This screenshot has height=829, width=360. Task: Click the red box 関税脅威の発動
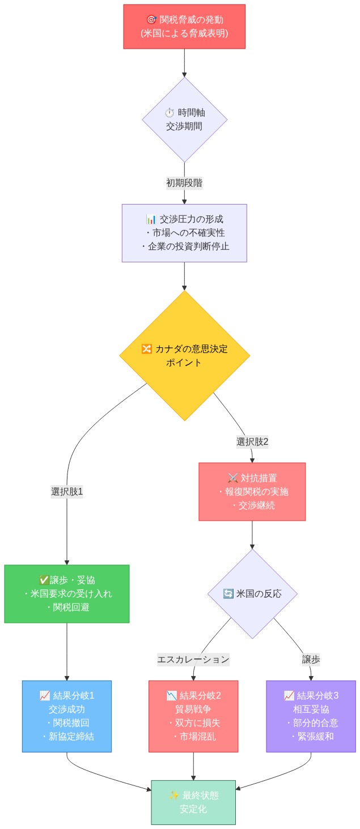click(x=184, y=27)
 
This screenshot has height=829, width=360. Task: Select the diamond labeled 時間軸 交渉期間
click(x=184, y=120)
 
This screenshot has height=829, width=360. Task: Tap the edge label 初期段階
click(x=184, y=182)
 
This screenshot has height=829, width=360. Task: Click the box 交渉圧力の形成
click(x=184, y=233)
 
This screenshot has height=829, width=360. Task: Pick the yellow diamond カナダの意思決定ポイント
click(x=184, y=356)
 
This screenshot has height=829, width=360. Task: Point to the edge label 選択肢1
click(x=67, y=491)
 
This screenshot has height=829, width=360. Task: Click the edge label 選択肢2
click(x=252, y=441)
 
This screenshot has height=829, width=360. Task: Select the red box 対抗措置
click(x=252, y=491)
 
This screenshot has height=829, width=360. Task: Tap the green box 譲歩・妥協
click(x=67, y=593)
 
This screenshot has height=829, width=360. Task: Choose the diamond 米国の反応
click(x=252, y=594)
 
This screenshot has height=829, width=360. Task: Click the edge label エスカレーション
click(x=193, y=659)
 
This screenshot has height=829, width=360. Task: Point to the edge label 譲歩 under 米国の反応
click(x=311, y=659)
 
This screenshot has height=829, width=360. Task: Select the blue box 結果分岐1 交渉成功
click(x=67, y=716)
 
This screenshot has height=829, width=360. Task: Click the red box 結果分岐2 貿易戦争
click(x=193, y=716)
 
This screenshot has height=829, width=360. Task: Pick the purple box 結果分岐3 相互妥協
click(x=311, y=716)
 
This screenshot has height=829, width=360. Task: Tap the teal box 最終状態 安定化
click(x=193, y=802)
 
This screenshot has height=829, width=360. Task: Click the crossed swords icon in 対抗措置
click(x=232, y=478)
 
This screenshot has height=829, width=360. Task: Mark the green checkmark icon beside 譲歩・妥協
click(x=44, y=580)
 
